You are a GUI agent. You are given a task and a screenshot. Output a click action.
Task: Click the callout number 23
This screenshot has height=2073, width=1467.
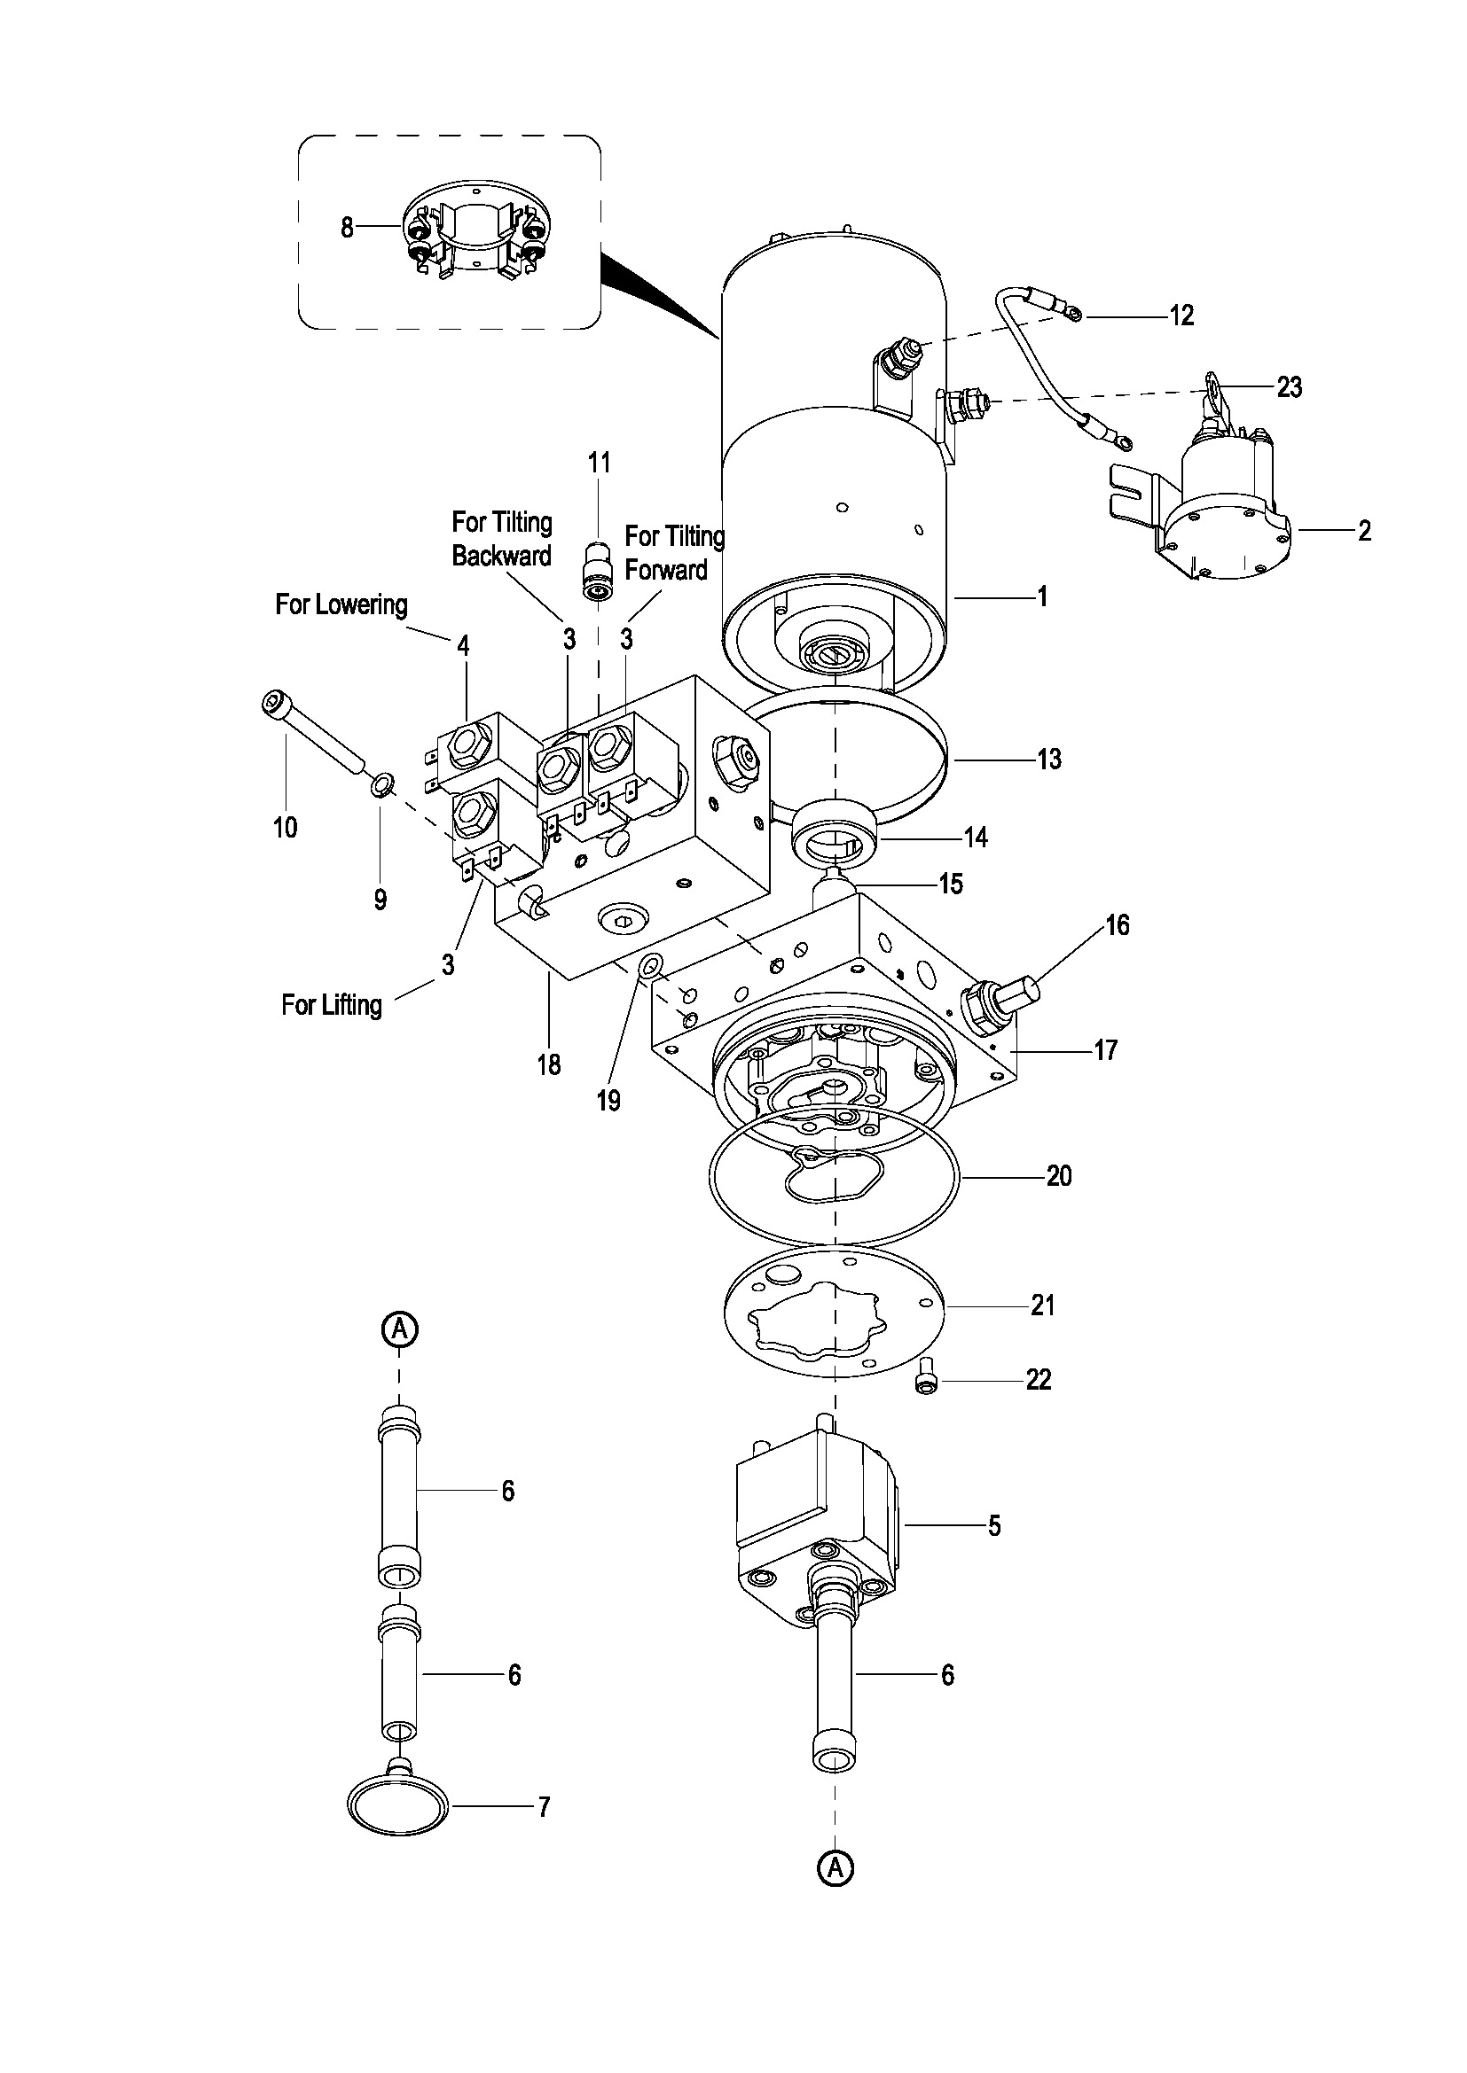pos(1289,387)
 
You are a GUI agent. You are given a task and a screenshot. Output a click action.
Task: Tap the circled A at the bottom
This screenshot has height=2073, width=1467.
pos(835,1867)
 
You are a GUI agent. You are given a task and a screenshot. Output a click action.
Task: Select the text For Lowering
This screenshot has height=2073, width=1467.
pos(341,604)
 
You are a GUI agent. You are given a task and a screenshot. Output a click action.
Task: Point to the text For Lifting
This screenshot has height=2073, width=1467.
pos(332,1005)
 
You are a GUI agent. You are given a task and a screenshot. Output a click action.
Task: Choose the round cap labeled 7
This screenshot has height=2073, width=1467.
pos(398,1805)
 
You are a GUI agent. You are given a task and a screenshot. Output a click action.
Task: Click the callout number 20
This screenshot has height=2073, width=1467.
pos(1059,1176)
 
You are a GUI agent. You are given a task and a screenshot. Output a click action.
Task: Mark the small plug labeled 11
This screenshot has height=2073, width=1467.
pos(596,570)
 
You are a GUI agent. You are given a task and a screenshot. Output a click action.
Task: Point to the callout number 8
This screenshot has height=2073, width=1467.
pos(347,228)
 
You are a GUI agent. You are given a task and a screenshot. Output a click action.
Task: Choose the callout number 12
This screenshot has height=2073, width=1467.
pos(1181,316)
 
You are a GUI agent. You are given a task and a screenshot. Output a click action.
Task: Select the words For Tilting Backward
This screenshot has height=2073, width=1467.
pos(502,539)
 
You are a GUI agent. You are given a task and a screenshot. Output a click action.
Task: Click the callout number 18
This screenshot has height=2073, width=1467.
pos(549,1065)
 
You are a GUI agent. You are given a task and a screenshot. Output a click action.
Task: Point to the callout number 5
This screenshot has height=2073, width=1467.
pos(993,1525)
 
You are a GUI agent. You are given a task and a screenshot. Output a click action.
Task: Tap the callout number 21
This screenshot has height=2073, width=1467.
pos(1042,1305)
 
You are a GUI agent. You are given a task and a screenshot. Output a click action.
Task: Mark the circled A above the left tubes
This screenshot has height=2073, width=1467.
pos(399,1329)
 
